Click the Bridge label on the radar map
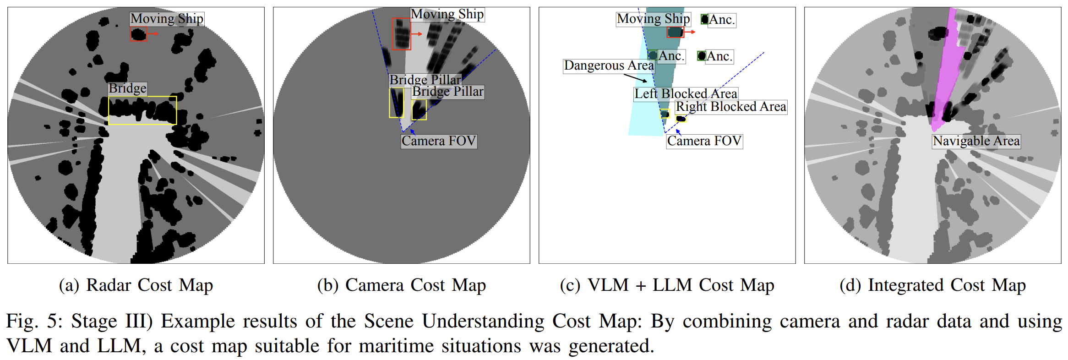[127, 88]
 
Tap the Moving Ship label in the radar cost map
[167, 19]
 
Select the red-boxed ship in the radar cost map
[138, 34]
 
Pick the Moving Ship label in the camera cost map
[447, 14]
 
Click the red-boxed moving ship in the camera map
[401, 34]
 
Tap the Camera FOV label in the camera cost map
[439, 141]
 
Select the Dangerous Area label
[609, 66]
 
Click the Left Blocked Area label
[686, 94]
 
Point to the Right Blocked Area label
[731, 107]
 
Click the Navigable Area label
[976, 141]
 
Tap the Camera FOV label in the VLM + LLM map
[704, 141]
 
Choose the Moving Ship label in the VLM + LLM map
[653, 19]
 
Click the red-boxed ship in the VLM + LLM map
[675, 32]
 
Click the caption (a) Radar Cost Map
[136, 285]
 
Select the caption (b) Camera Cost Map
[402, 285]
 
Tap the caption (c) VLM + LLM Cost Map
[667, 285]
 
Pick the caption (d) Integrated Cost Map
[933, 285]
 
